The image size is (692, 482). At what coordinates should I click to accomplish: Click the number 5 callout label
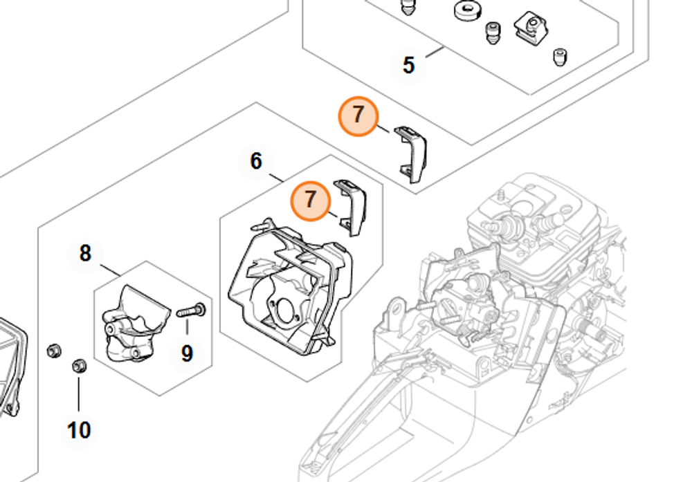[408, 66]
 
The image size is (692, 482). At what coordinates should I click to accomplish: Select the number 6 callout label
[256, 161]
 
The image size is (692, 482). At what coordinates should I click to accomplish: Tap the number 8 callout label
[85, 253]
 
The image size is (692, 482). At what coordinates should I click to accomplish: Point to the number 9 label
[187, 353]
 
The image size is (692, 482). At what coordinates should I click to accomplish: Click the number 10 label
[79, 430]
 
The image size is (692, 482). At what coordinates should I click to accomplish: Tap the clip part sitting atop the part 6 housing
[352, 206]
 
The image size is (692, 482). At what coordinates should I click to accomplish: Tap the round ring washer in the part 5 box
[467, 11]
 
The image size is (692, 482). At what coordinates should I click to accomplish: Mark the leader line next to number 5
[434, 52]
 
